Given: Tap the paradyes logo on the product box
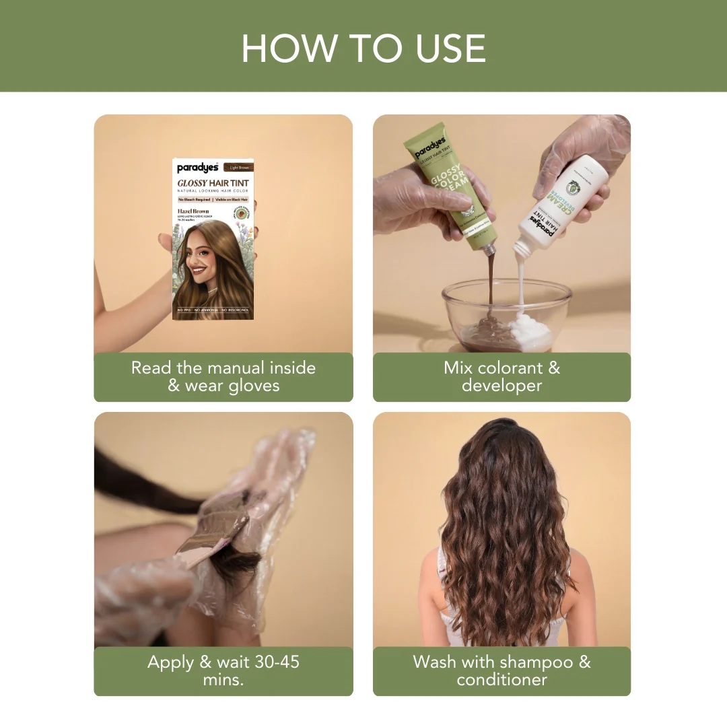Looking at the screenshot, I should tap(198, 168).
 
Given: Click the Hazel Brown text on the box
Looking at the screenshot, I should tap(193, 211).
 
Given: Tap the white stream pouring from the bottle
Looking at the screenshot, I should tap(520, 289).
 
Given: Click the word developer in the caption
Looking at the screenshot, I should tap(501, 386).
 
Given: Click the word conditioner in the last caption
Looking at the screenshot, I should tap(501, 680).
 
